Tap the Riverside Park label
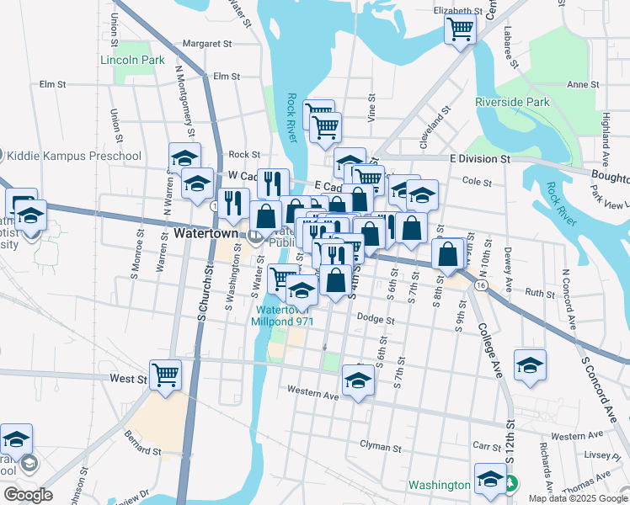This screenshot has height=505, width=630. coord(512,102)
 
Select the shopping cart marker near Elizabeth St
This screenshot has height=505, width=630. coord(461,29)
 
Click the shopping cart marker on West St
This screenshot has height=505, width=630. coord(165,374)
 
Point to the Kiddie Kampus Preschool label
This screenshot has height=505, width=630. coord(73,156)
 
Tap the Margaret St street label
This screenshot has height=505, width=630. coord(206,43)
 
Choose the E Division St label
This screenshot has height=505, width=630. coord(480,158)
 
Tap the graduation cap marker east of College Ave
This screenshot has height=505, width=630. coord(530,365)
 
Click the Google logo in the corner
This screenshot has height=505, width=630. coord(28,495)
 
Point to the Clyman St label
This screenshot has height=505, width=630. coord(376,444)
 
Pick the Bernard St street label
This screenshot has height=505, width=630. coord(142,451)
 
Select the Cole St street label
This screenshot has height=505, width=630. coord(477,181)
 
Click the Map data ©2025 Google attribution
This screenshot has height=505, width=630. coord(577,498)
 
